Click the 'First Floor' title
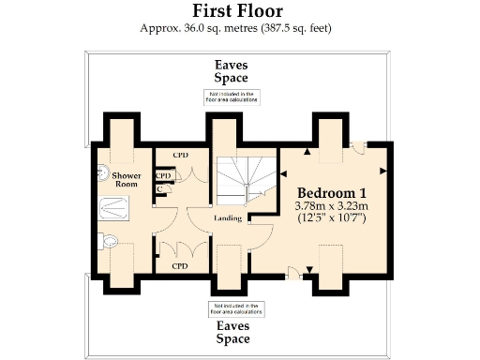tap(239, 11)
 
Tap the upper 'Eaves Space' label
tap(231, 72)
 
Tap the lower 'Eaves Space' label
tap(231, 332)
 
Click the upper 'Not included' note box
tap(231, 97)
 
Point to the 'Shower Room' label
tap(126, 180)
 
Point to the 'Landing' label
tap(227, 219)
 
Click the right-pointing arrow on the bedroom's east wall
tap(382, 171)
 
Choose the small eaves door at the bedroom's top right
tap(361, 146)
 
